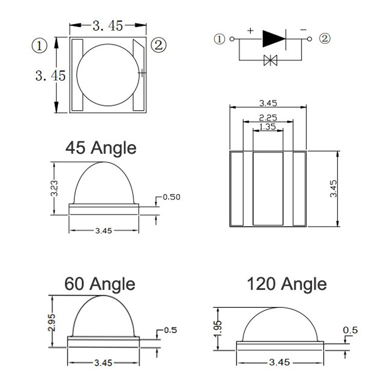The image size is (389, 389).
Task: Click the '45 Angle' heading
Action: (x=101, y=148)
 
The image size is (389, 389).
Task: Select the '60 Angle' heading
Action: (x=100, y=284)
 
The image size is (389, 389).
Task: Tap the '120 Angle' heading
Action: (x=287, y=284)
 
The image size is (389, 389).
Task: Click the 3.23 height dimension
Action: (x=54, y=188)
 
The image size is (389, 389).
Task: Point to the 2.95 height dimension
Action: (x=52, y=322)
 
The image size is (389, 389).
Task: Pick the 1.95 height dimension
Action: (x=217, y=329)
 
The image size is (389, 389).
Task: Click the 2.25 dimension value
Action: (x=268, y=118)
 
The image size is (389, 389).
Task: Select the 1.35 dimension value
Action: (x=267, y=127)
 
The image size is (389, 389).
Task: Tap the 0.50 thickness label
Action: (x=172, y=197)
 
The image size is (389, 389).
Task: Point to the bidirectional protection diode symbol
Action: (x=270, y=60)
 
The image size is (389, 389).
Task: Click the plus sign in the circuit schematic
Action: (x=250, y=31)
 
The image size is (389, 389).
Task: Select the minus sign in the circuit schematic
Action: (x=303, y=30)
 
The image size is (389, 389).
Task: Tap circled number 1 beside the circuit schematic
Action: (x=219, y=39)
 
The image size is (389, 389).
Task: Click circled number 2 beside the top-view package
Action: (x=159, y=45)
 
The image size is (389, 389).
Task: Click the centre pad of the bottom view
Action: (x=268, y=189)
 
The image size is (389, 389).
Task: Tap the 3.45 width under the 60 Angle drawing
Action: (x=104, y=363)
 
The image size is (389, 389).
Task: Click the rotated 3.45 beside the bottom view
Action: (x=334, y=189)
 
